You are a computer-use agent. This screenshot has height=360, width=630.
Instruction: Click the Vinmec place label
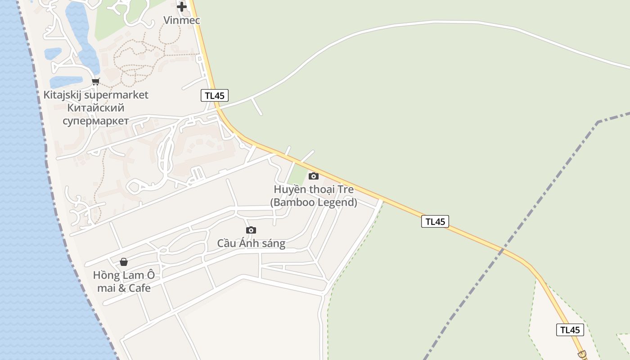(x=182, y=20)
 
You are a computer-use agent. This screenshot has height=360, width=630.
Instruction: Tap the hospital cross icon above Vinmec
(x=182, y=7)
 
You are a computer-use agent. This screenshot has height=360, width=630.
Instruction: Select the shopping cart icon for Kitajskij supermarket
(x=95, y=81)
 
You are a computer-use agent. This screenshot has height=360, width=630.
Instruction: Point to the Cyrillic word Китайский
(x=95, y=108)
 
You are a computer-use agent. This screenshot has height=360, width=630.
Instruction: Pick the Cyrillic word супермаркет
(x=95, y=121)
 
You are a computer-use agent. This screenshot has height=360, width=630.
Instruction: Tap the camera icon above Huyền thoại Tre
(x=314, y=176)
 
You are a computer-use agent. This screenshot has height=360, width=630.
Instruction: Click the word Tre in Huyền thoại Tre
(x=346, y=189)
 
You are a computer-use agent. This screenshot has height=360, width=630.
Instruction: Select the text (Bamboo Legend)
(x=314, y=202)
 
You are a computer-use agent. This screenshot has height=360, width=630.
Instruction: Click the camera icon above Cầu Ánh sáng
(x=251, y=230)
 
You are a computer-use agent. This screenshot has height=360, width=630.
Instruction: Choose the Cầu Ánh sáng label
(x=251, y=243)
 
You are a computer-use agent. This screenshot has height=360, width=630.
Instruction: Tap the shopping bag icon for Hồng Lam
(x=124, y=261)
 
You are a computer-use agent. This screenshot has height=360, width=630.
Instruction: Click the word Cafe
(x=139, y=288)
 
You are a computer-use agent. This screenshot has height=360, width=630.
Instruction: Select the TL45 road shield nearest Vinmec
(x=215, y=95)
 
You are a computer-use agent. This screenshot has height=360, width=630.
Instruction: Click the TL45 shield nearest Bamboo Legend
(x=435, y=221)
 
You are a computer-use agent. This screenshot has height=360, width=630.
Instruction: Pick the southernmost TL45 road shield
(x=570, y=330)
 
